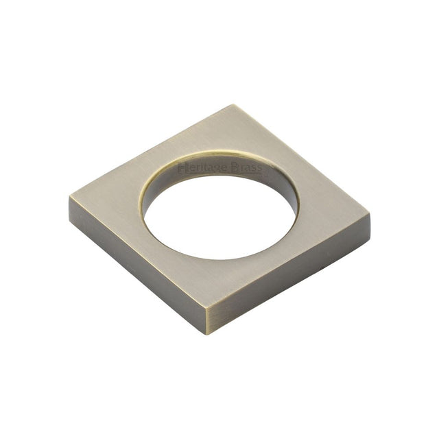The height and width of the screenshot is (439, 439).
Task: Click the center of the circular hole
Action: [x=221, y=211]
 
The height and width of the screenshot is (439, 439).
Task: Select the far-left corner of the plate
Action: [x=70, y=198]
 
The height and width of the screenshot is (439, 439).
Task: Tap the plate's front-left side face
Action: [x=137, y=268]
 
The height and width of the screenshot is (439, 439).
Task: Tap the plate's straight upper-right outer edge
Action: [x=302, y=161]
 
